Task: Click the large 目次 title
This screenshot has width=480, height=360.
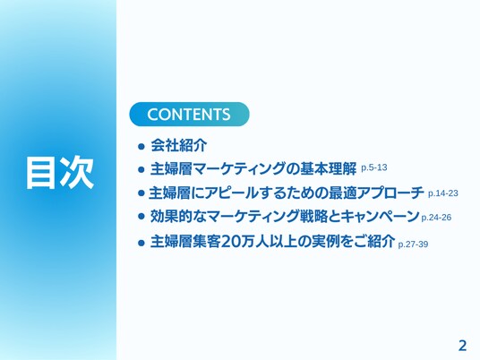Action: tap(60, 172)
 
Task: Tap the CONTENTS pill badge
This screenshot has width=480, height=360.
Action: tap(189, 115)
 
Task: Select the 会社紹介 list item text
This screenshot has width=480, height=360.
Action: tap(179, 145)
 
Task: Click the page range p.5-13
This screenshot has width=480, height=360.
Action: tap(374, 167)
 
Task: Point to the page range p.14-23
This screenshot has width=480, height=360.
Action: tap(443, 193)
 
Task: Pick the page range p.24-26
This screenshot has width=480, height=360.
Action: tap(436, 218)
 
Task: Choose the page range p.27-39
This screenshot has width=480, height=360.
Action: tap(413, 244)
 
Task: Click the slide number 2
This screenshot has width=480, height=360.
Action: tap(462, 346)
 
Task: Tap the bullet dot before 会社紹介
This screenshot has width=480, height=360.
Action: tap(141, 146)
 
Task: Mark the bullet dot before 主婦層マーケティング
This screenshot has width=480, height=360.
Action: tap(141, 169)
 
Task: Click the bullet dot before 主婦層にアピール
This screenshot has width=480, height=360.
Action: tap(141, 193)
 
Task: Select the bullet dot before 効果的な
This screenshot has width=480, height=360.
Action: tap(141, 217)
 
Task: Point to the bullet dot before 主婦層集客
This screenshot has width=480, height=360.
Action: tap(141, 243)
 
